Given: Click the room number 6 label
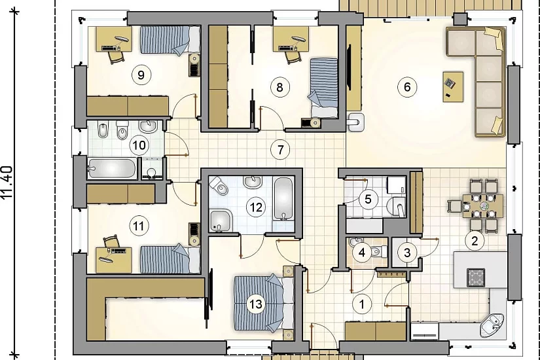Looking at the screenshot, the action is click(407, 87).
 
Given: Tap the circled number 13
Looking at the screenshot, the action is click(256, 304).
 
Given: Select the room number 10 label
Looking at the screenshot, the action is click(139, 145).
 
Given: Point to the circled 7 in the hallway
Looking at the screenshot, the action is click(280, 150).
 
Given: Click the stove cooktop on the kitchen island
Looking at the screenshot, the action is click(476, 278).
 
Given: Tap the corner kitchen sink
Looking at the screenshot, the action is click(491, 325).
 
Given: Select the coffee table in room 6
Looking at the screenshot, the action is click(453, 86).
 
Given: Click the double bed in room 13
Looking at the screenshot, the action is click(264, 303).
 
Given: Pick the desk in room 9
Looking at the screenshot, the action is click(114, 39).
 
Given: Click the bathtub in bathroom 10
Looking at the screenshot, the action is click(112, 168).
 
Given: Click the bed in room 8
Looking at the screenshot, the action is click(324, 88).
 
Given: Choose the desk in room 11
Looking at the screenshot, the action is click(114, 260).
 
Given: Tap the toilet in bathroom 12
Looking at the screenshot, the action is click(219, 185).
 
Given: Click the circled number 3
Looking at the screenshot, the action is click(407, 253).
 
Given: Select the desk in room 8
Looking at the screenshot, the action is click(291, 39).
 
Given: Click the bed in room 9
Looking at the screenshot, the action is click(170, 40).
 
